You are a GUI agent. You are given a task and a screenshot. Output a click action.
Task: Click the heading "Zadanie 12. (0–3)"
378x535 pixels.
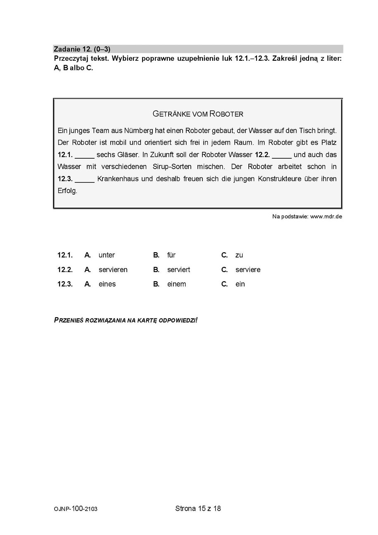pyautogui.click(x=82, y=49)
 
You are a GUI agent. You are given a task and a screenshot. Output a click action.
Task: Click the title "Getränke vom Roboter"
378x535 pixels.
pyautogui.click(x=198, y=114)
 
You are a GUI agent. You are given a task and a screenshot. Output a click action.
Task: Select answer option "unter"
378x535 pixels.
pyautogui.click(x=107, y=255)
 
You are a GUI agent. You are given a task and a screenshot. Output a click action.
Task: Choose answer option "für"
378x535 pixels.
pyautogui.click(x=171, y=255)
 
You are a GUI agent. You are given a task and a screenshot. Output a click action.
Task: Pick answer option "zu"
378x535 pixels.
pyautogui.click(x=239, y=255)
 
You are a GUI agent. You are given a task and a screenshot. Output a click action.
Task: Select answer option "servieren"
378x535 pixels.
pyautogui.click(x=113, y=270)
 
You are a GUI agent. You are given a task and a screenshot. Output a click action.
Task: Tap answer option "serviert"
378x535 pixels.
pyautogui.click(x=178, y=270)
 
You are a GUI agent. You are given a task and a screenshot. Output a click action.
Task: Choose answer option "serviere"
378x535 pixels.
pyautogui.click(x=248, y=270)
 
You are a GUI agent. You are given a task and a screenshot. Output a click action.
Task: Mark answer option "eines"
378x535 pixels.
pyautogui.click(x=107, y=284)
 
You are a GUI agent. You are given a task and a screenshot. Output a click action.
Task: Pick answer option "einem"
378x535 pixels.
pyautogui.click(x=176, y=284)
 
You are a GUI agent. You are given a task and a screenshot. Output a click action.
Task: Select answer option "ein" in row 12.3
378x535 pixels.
pyautogui.click(x=240, y=284)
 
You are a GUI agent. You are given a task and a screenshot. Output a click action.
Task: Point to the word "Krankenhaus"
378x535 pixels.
pyautogui.click(x=118, y=179)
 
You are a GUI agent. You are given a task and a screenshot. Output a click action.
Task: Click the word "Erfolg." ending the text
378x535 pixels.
pyautogui.click(x=67, y=191)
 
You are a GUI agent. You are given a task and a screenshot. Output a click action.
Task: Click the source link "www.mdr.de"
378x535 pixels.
pyautogui.click(x=326, y=216)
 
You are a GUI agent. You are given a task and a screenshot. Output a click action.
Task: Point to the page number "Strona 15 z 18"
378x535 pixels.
pyautogui.click(x=198, y=509)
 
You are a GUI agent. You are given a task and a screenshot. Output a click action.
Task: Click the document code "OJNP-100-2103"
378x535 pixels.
pyautogui.click(x=76, y=509)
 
